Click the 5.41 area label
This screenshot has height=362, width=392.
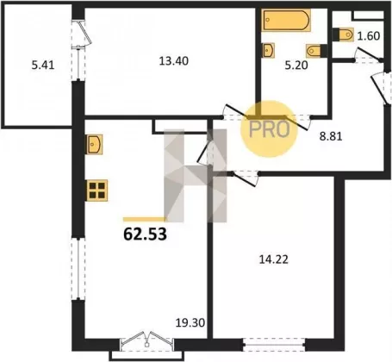[43, 66]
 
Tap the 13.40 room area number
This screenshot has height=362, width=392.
[174, 61]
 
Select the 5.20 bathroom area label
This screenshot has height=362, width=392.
[296, 66]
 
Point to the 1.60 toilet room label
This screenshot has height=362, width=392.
[369, 36]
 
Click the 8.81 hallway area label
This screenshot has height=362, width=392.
[331, 136]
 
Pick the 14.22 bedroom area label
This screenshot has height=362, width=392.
[274, 259]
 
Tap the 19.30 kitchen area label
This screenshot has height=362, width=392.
[190, 322]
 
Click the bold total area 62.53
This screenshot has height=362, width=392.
[145, 234]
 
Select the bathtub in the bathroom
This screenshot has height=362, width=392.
[286, 20]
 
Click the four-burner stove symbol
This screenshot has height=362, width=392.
[97, 190]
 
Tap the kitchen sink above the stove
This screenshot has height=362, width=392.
[95, 144]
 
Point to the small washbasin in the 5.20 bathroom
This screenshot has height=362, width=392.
[268, 50]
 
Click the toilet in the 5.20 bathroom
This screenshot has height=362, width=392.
[316, 51]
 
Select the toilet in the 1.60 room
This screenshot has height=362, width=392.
[343, 34]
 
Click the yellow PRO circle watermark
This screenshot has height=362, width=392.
[269, 128]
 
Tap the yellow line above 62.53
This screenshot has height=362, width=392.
[145, 220]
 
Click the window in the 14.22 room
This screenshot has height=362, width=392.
[274, 345]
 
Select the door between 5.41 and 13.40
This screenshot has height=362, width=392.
[80, 50]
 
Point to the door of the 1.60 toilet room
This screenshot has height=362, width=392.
[368, 56]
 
